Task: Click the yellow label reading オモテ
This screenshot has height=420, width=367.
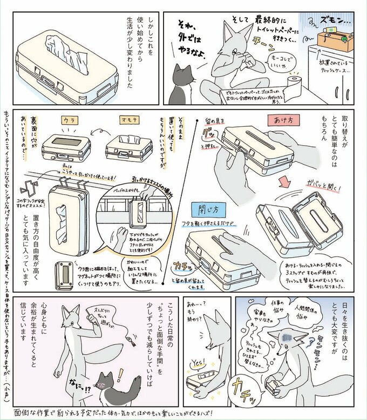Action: [128, 121]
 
